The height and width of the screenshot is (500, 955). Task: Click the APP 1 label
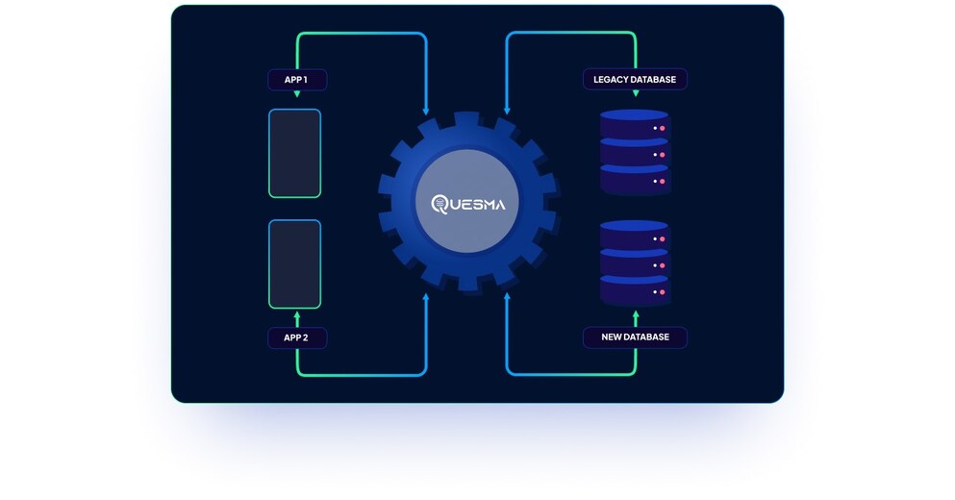tap(296, 80)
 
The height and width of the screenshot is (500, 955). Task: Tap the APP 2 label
tap(296, 337)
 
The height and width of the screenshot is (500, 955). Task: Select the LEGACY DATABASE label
tap(634, 79)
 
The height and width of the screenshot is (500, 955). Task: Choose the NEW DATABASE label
tap(634, 337)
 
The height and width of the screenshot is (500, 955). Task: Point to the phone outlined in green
tap(294, 153)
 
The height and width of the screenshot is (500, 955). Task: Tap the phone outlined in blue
tap(294, 262)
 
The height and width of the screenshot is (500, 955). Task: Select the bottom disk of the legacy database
tap(634, 180)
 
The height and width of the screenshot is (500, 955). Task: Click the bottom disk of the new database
tap(634, 289)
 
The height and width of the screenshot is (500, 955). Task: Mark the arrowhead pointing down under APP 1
tap(296, 94)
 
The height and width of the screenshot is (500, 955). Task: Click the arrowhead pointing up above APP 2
tap(296, 314)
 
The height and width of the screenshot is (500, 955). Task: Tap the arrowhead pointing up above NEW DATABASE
tap(635, 313)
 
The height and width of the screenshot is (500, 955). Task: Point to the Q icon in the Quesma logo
tap(440, 204)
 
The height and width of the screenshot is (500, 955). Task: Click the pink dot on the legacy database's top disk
tap(662, 128)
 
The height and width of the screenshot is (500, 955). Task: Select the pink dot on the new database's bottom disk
tap(662, 290)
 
